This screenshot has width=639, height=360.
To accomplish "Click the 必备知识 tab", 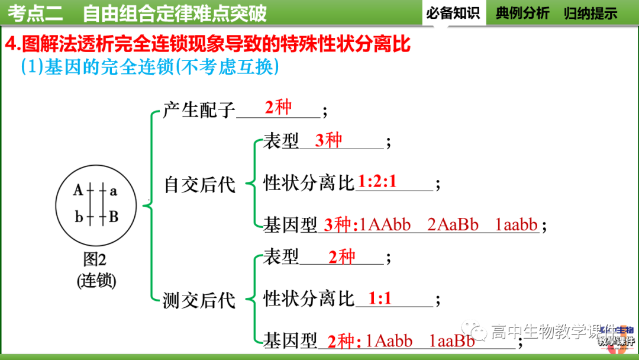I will [453, 13].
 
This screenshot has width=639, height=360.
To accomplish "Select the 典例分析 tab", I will [522, 13].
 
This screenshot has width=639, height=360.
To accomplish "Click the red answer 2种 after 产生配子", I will [278, 107].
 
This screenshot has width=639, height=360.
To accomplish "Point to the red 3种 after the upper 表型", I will [328, 140].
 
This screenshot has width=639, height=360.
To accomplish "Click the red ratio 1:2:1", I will [377, 182].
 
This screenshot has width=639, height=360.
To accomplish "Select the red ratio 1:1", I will [380, 298].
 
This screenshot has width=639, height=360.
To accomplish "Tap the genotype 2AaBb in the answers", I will [453, 225].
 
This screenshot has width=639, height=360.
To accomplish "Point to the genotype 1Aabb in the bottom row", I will [389, 341].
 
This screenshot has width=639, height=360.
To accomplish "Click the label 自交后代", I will [199, 185].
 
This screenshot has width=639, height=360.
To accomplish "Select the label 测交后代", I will [199, 301].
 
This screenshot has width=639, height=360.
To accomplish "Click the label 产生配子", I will [199, 110].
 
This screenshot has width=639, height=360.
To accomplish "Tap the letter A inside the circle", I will [78, 191].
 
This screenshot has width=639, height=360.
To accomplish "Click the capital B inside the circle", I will [113, 217].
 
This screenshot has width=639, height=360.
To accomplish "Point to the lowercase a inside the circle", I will [113, 191].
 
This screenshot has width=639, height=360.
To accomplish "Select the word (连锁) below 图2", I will [96, 280].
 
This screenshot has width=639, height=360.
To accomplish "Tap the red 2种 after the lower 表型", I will [341, 256].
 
